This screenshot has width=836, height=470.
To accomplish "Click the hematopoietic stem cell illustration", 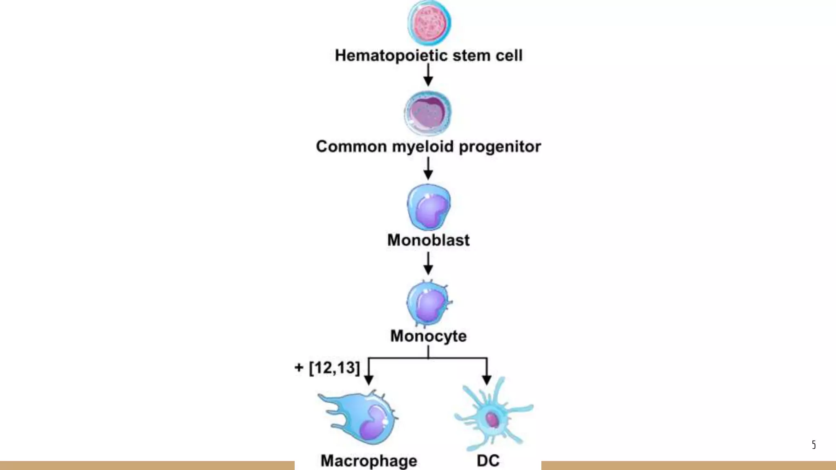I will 429,22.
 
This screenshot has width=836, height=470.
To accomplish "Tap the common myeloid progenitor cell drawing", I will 428,113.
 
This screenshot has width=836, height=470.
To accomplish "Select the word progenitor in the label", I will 500,147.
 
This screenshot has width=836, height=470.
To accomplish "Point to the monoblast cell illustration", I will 429,207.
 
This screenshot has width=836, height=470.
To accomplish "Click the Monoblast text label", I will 428,240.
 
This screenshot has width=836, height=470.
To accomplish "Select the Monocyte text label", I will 428,336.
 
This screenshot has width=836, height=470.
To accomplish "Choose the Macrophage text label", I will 369,461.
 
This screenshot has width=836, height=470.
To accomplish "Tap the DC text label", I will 488,461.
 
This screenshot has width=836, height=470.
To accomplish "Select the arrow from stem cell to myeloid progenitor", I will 428,75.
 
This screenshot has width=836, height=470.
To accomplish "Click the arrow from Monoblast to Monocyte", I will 428,264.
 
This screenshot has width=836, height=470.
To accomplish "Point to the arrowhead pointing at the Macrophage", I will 369,380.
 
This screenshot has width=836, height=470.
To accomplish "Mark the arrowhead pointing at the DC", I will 487,380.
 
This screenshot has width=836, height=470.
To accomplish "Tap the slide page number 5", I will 814,444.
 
